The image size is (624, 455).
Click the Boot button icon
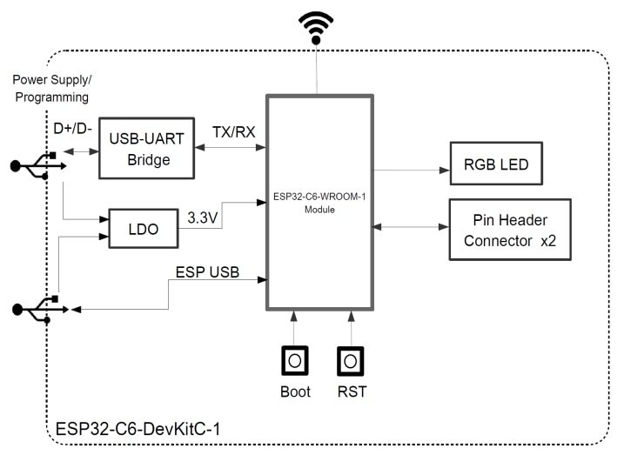[295, 359]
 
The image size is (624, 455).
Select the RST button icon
[351, 359]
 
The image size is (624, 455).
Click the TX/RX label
[233, 131]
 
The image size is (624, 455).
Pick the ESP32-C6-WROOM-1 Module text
[320, 204]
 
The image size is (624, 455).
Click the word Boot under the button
[295, 391]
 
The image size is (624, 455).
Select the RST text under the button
[351, 391]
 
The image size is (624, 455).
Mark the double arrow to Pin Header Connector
[410, 228]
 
